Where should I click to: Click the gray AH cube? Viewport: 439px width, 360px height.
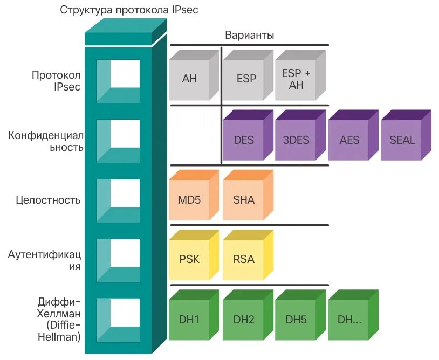tap(190, 79)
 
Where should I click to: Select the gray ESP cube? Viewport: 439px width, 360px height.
tap(246, 79)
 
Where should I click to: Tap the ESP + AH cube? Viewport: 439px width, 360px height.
tap(297, 79)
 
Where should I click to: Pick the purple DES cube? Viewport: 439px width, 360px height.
tap(244, 140)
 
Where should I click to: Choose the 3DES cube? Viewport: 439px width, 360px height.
tap(296, 140)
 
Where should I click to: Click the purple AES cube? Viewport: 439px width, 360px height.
tap(349, 140)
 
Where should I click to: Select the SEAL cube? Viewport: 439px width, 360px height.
tap(402, 140)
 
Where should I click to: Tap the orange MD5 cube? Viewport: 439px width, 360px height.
tap(189, 200)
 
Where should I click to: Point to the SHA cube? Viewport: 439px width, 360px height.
tap(244, 200)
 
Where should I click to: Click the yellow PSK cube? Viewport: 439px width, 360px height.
tap(189, 259)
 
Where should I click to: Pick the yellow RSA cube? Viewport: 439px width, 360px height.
tap(244, 259)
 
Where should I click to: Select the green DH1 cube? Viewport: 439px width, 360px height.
tap(189, 320)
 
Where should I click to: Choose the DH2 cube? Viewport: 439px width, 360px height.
tap(244, 320)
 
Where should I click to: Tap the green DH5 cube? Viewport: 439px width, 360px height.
tap(296, 320)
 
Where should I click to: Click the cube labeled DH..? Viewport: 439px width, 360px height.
tap(349, 320)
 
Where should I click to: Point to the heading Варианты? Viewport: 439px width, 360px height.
tap(249, 36)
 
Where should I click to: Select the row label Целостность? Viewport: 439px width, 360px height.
tap(48, 200)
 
